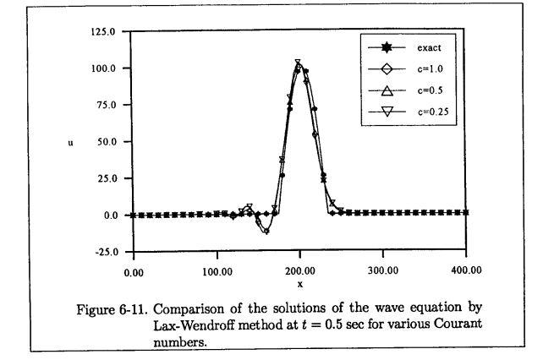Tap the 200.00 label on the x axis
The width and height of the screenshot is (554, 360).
(x=299, y=271)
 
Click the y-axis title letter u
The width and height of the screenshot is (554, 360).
(x=70, y=142)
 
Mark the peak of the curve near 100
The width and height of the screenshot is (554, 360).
(x=299, y=63)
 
